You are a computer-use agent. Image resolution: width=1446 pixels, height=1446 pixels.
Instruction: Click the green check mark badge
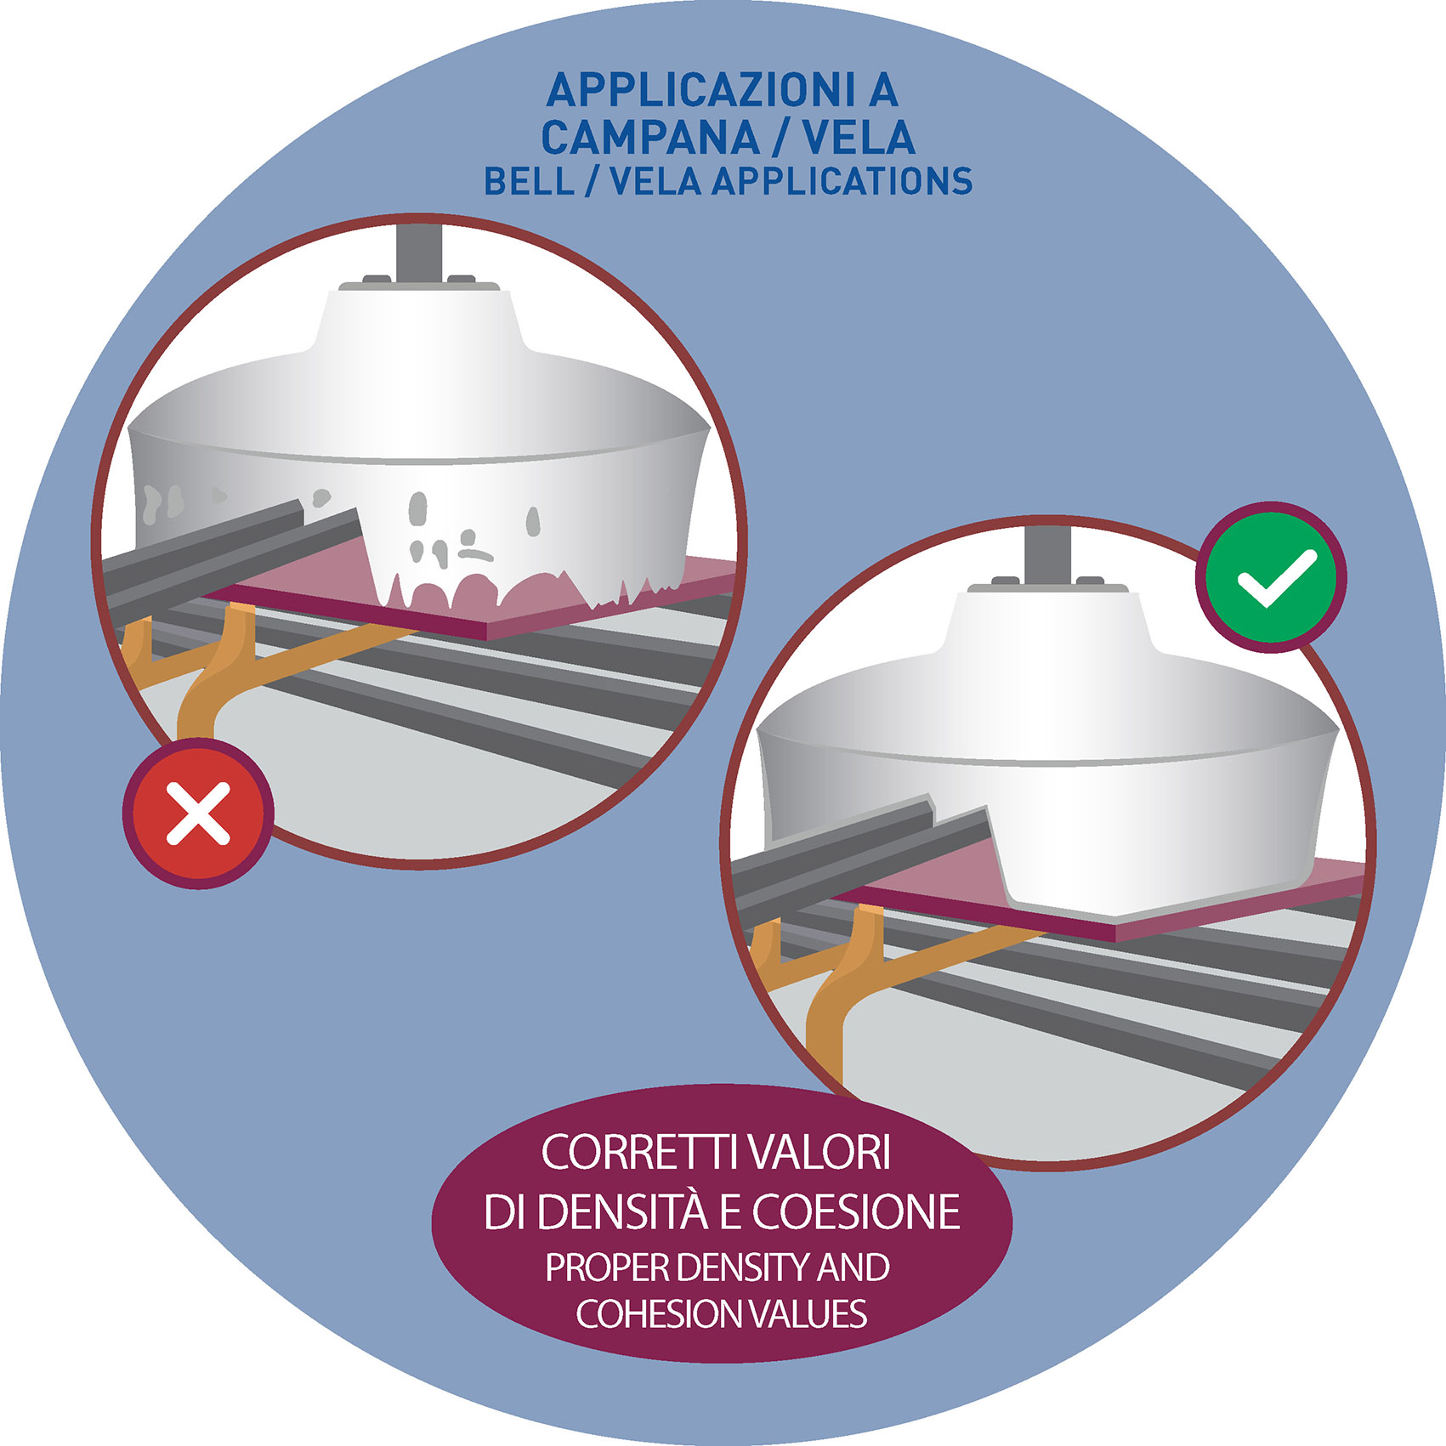[x=1271, y=577]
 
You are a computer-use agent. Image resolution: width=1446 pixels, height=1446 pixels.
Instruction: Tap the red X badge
[x=198, y=814]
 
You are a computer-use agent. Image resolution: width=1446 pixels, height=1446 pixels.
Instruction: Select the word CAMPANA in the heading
[x=650, y=138]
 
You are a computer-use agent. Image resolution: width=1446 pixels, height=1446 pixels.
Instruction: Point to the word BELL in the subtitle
[x=529, y=181]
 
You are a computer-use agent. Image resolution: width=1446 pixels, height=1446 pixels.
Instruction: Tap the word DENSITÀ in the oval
[x=622, y=1212]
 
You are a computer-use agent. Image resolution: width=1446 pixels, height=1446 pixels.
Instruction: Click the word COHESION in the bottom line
[x=646, y=1314]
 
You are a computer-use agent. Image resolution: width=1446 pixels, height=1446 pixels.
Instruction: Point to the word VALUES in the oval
[x=796, y=1314]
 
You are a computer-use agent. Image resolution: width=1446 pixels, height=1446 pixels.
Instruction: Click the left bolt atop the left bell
[x=377, y=278]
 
